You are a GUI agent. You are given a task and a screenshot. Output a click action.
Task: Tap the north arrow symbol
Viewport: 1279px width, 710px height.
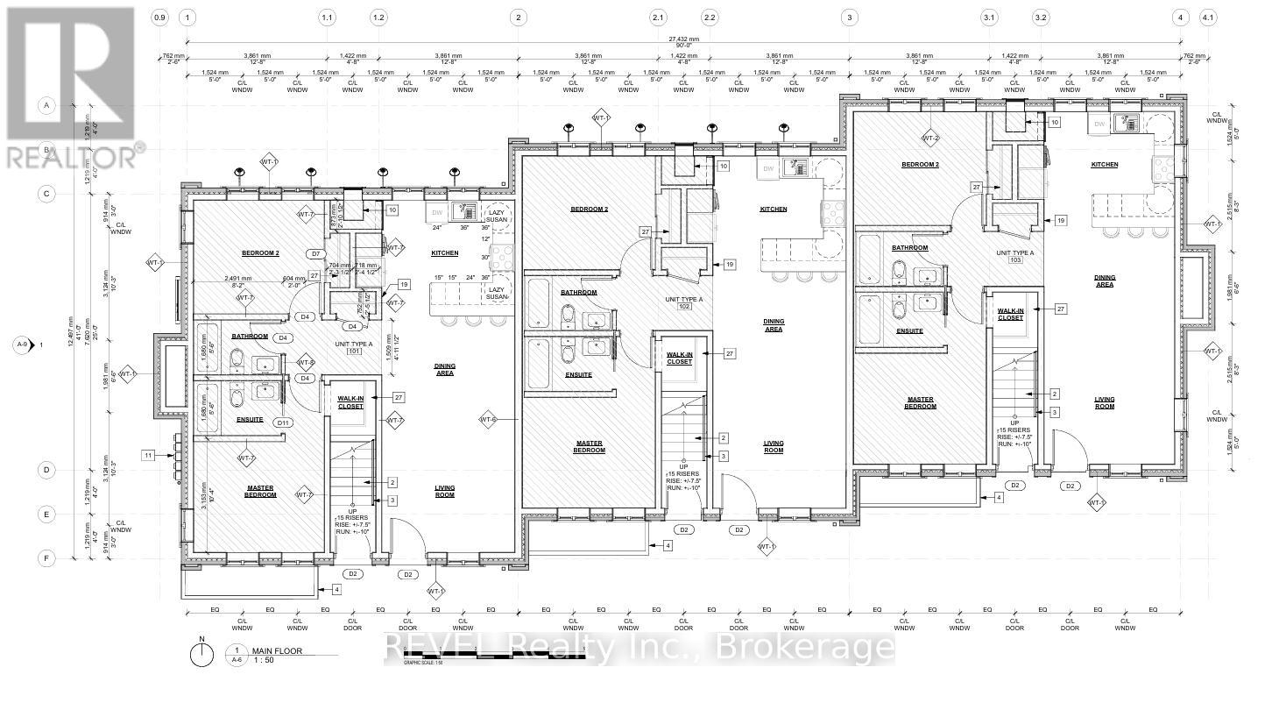(x=201, y=653)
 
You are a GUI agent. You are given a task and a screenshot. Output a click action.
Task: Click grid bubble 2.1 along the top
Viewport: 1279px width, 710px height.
(x=658, y=17)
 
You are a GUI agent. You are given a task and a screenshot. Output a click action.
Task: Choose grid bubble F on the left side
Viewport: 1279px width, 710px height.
(x=46, y=557)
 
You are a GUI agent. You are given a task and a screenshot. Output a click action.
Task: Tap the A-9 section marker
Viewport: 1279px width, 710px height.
(x=29, y=344)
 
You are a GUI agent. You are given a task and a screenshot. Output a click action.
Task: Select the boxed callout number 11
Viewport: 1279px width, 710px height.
(x=149, y=455)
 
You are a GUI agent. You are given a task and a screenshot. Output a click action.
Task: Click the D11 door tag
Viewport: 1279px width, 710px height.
(x=282, y=422)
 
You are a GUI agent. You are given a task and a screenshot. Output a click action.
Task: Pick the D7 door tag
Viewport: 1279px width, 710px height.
(x=317, y=253)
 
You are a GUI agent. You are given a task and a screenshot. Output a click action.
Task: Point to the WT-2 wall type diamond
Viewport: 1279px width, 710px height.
(x=929, y=138)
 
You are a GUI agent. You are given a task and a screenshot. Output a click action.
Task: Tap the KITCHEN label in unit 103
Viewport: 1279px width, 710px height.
(x=1104, y=165)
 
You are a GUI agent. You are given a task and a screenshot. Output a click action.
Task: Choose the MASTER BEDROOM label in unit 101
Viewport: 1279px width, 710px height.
(x=259, y=492)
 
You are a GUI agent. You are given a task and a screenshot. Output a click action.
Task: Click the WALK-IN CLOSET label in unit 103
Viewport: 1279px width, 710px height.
(x=1010, y=314)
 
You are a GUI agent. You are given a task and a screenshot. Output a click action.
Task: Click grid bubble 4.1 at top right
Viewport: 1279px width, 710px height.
(x=1209, y=17)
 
